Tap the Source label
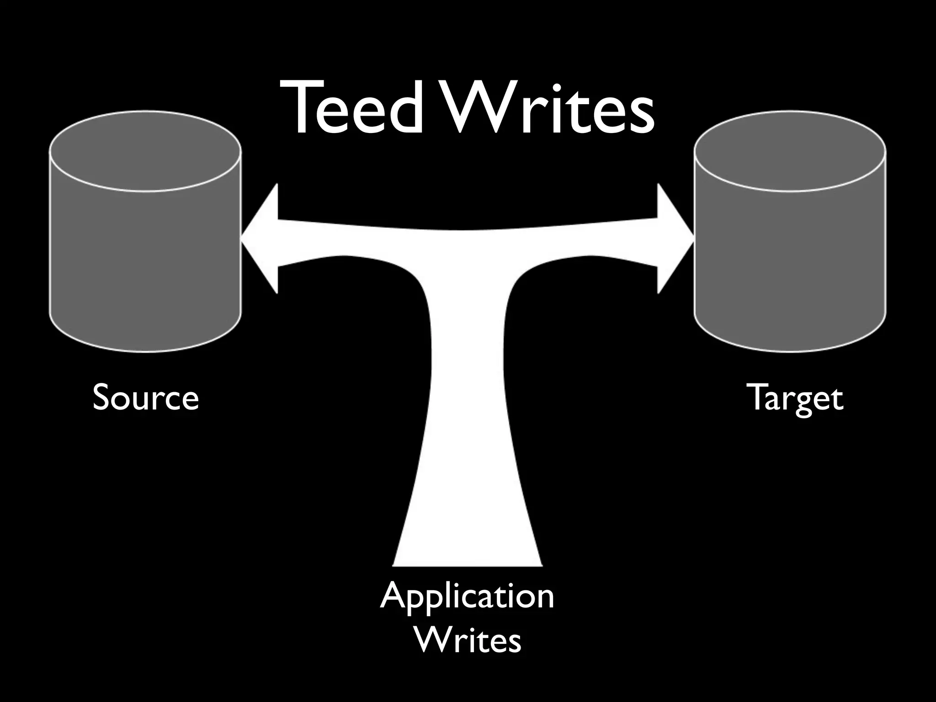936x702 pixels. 145,398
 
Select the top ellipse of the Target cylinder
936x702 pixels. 790,151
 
